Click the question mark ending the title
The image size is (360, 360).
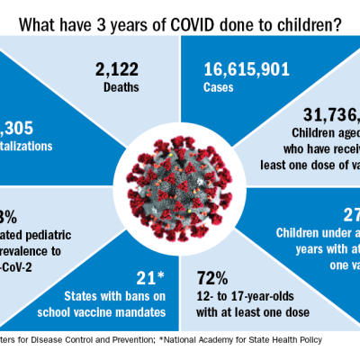[x=336, y=25]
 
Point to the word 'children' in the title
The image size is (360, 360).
[x=298, y=25]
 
